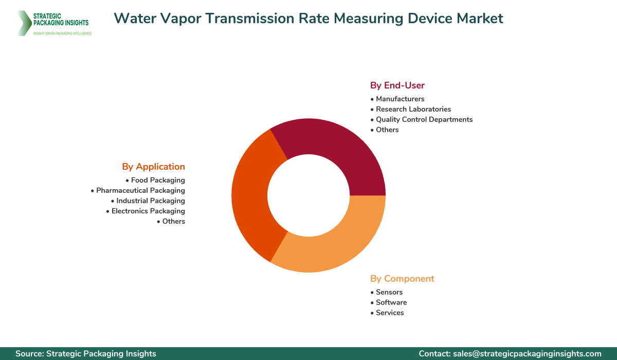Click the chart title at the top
[308, 19]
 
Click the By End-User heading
[397, 85]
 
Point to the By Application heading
[153, 167]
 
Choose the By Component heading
[402, 279]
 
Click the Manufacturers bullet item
[400, 99]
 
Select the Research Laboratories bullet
[413, 109]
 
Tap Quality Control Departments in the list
[424, 119]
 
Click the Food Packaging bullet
[157, 180]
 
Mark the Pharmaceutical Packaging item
[140, 190]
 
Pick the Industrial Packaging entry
[150, 201]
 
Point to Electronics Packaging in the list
[148, 211]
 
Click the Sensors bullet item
[389, 292]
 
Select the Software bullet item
[391, 302]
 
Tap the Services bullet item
[389, 313]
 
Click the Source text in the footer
[86, 353]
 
